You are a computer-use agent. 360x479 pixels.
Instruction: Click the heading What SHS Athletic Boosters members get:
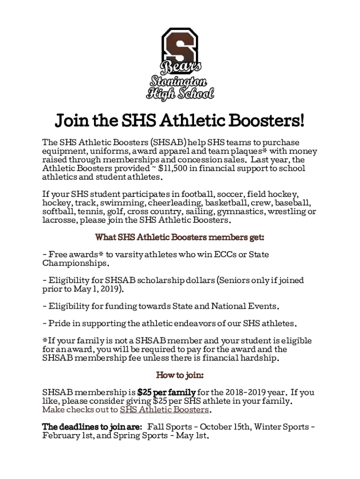pyautogui.click(x=180, y=238)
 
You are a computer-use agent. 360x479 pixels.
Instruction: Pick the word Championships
pyautogui.click(x=75, y=263)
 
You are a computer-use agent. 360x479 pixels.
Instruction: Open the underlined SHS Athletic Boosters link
pyautogui.click(x=164, y=410)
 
